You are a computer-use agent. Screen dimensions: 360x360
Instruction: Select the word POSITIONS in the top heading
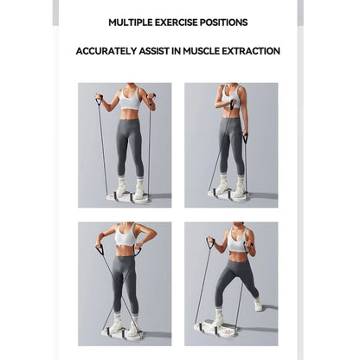pyautogui.click(x=225, y=22)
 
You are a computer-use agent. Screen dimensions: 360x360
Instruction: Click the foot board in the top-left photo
pyautogui.click(x=128, y=197)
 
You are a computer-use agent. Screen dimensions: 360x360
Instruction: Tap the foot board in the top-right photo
pyautogui.click(x=228, y=196)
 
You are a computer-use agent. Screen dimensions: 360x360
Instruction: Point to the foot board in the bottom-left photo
pyautogui.click(x=122, y=333)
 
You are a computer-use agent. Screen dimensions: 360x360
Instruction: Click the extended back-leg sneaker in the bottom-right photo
pyautogui.click(x=258, y=305)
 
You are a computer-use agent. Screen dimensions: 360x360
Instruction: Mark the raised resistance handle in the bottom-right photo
pyautogui.click(x=209, y=243)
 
